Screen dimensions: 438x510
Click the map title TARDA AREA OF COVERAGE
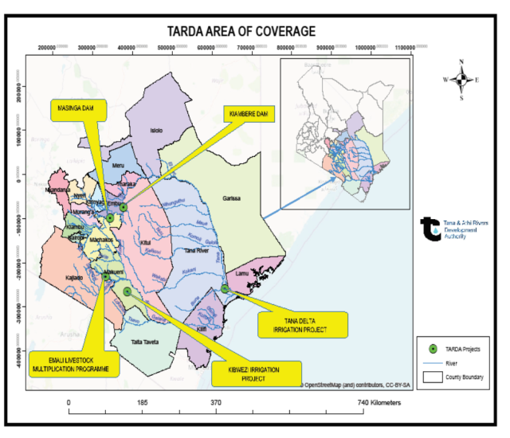241,32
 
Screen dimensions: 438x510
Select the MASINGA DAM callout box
76,110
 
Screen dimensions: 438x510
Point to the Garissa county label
231,198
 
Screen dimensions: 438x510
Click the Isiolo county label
156,130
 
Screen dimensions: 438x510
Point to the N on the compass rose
461,63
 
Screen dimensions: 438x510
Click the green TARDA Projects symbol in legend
431,348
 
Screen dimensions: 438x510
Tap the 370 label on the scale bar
215,404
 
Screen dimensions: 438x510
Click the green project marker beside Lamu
225,289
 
